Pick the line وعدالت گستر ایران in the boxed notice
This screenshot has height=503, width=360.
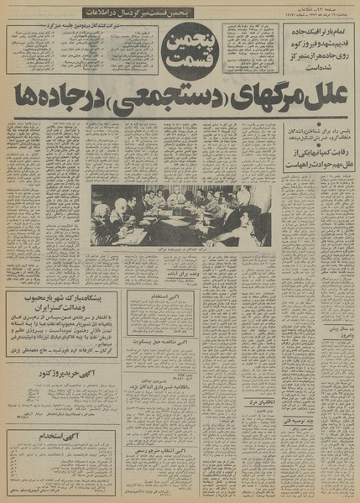coord(62,311)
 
